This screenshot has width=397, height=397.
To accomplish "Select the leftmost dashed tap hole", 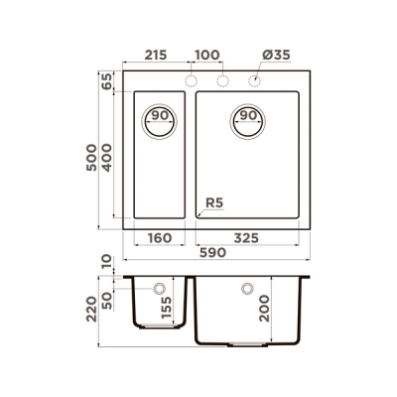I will coord(193,79).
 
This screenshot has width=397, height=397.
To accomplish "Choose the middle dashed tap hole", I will coord(223,79).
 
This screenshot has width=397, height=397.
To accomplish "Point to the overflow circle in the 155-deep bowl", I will coord(158,289).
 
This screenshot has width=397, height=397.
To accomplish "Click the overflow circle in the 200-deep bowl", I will coord(245,289).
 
